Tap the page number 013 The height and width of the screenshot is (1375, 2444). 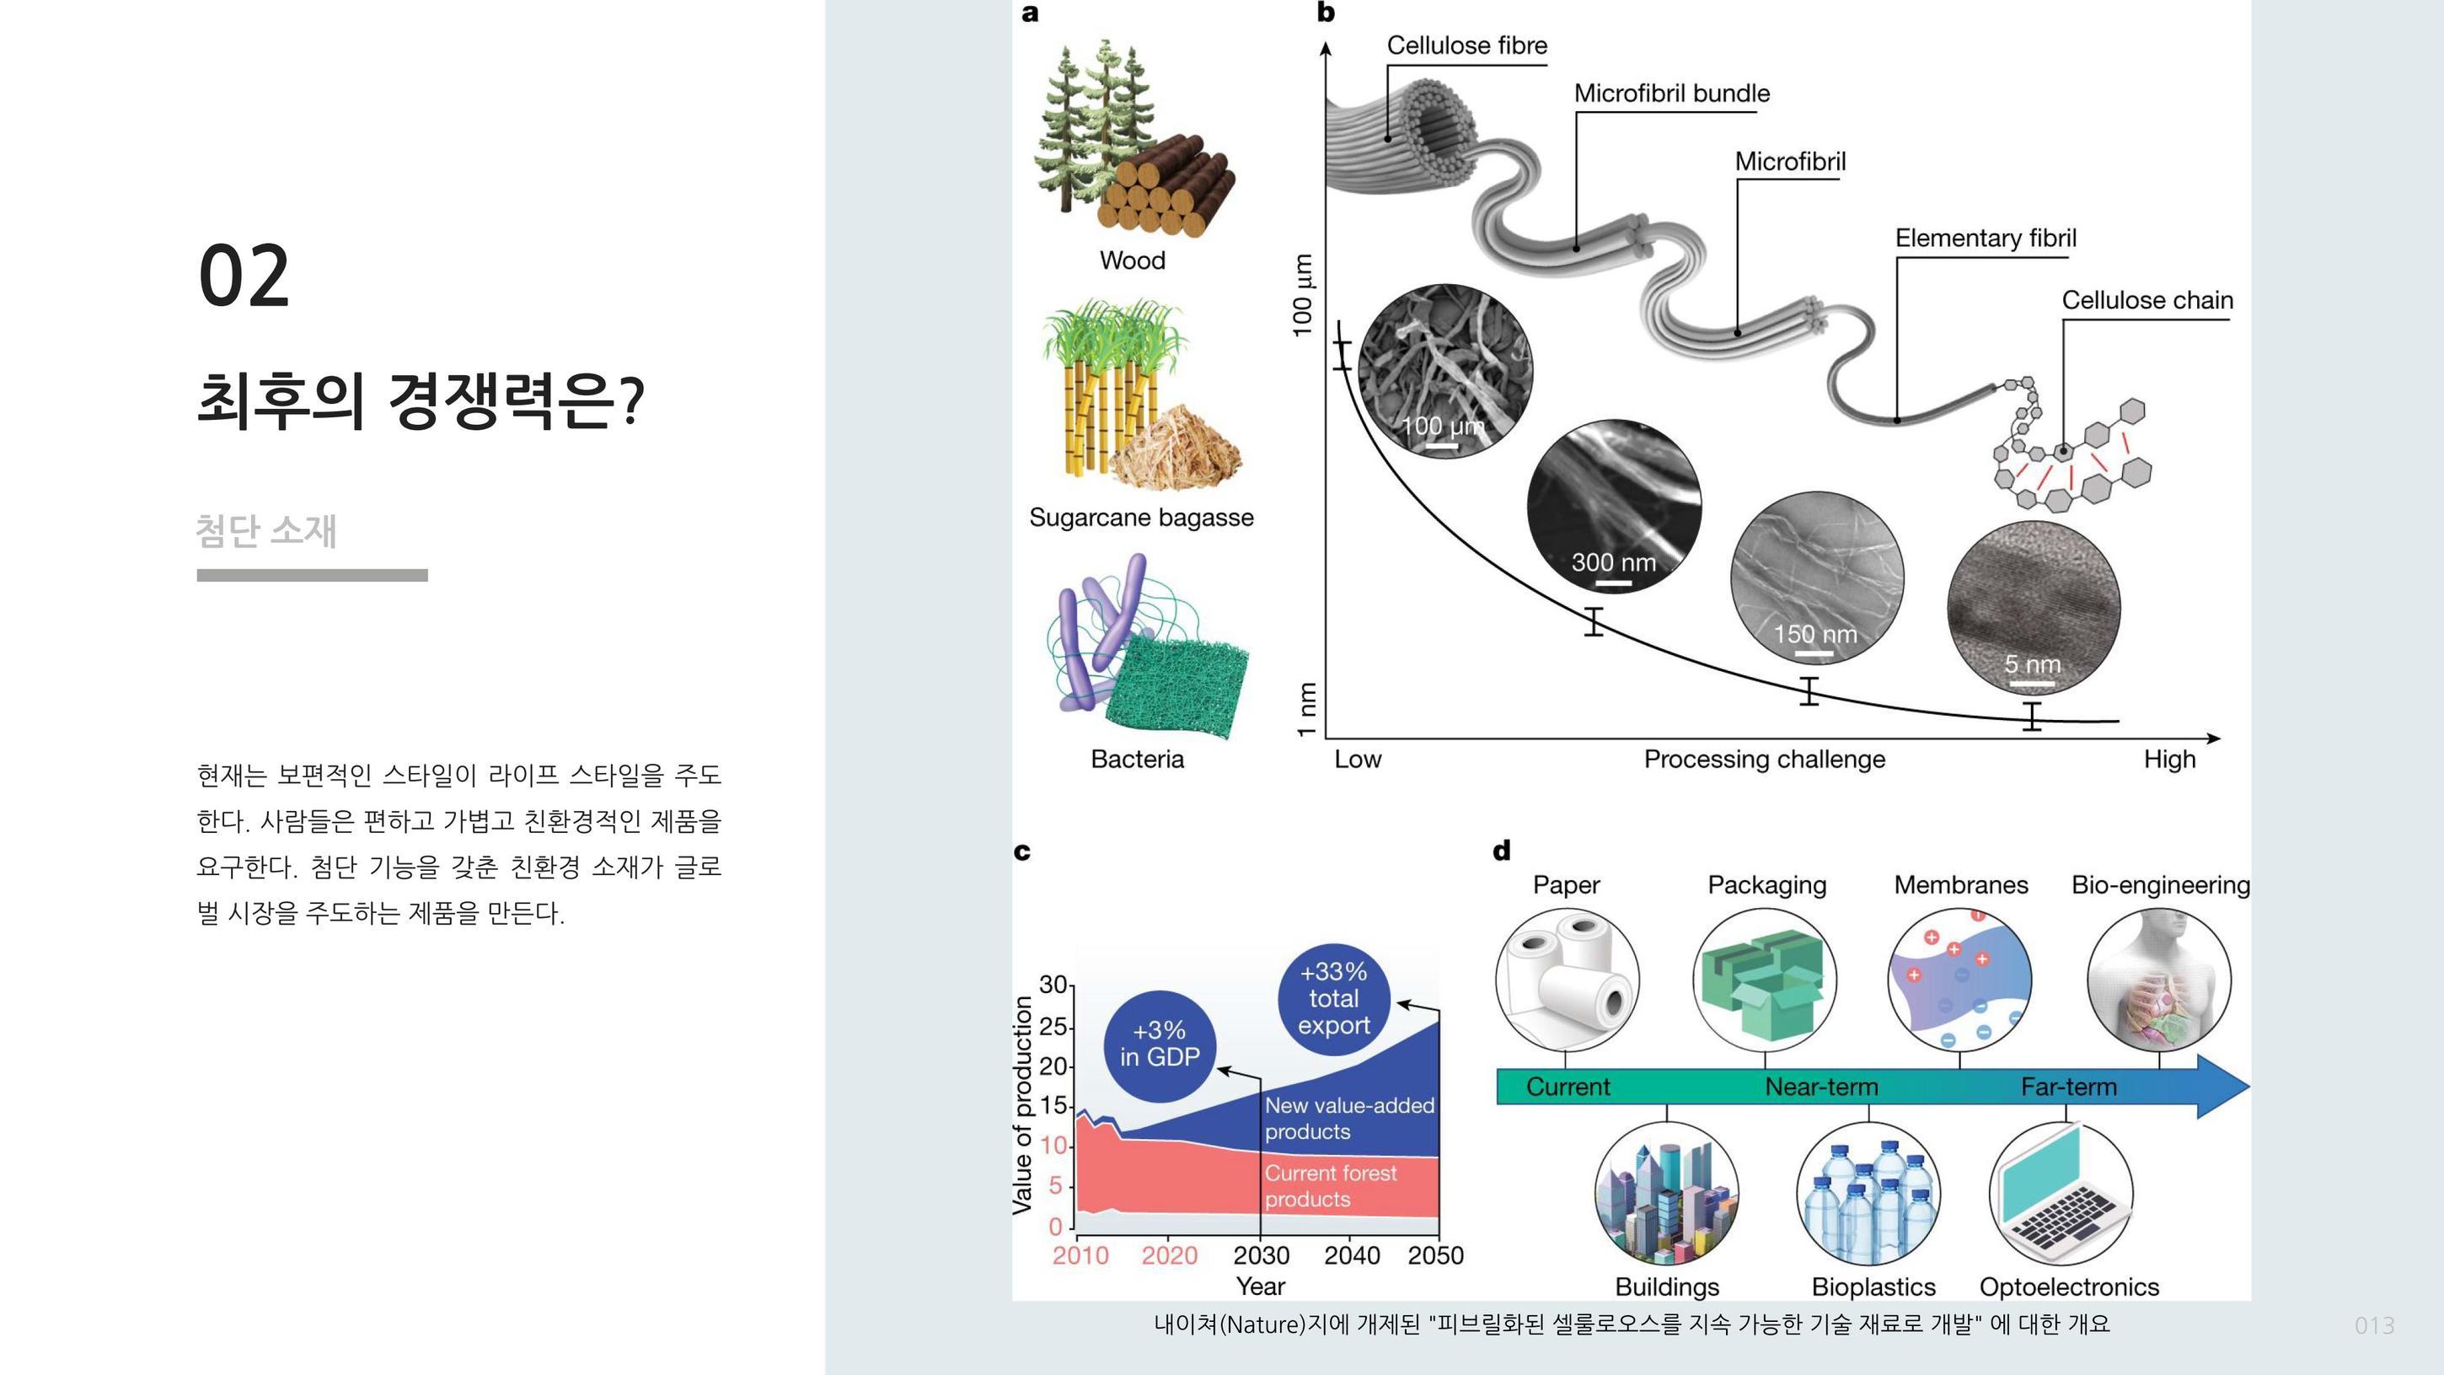tap(2374, 1325)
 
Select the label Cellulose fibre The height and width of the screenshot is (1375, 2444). tap(1466, 46)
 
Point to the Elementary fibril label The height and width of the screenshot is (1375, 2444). tap(1985, 239)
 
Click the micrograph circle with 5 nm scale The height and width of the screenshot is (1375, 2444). tap(2034, 607)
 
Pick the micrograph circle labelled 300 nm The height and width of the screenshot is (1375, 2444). tap(1613, 506)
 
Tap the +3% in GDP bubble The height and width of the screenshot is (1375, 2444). tap(1160, 1045)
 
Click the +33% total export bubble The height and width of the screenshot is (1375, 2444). tap(1333, 998)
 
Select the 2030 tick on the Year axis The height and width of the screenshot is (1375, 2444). tap(1261, 1255)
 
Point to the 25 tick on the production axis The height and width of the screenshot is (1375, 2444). tap(1053, 1026)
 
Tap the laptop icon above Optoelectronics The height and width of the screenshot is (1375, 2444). tap(2061, 1193)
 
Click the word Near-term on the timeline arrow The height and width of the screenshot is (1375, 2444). tap(1820, 1087)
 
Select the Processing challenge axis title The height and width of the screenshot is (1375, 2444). tap(1764, 759)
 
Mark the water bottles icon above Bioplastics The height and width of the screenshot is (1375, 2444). tap(1868, 1194)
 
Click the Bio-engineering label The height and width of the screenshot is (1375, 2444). tap(2159, 885)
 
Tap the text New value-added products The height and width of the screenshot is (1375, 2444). tap(1348, 1119)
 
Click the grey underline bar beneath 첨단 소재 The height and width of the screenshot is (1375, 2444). tap(312, 575)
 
